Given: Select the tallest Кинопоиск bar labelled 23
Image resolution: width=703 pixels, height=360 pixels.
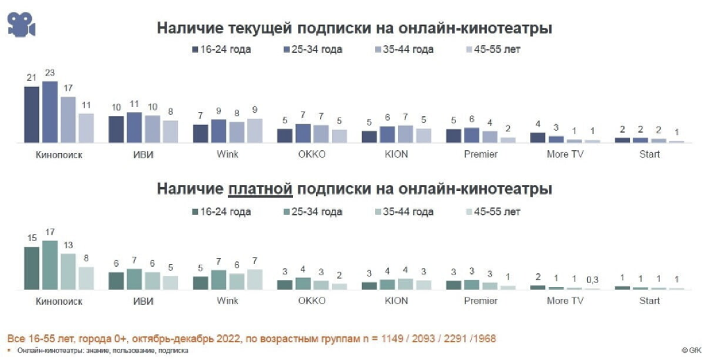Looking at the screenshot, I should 50,112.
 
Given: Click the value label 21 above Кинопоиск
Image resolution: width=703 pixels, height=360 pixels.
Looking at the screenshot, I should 32,77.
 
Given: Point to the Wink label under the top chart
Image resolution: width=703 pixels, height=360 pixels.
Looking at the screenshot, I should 227,154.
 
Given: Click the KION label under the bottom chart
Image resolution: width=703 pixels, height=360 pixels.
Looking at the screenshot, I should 397,301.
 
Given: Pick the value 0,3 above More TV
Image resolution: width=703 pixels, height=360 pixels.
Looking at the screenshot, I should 592,279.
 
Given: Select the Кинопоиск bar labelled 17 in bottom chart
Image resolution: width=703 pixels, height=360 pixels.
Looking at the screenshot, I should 50,265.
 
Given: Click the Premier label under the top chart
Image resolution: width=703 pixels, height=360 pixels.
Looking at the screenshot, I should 481,154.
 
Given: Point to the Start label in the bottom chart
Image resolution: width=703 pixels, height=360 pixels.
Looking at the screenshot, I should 650,301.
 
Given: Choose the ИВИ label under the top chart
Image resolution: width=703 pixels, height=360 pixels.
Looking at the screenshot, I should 142,154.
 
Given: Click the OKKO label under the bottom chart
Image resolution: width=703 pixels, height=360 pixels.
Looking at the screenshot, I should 312,301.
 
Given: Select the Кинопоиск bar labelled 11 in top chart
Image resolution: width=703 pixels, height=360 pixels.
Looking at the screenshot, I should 86,128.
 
